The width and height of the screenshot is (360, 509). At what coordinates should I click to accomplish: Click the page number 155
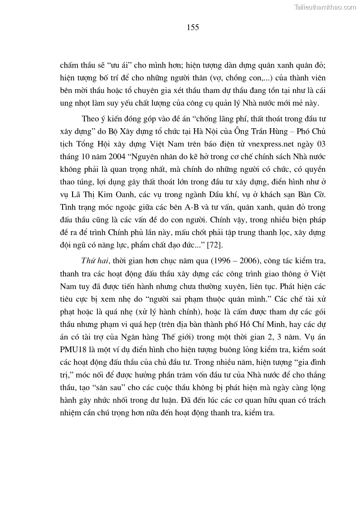[x=192, y=27]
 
